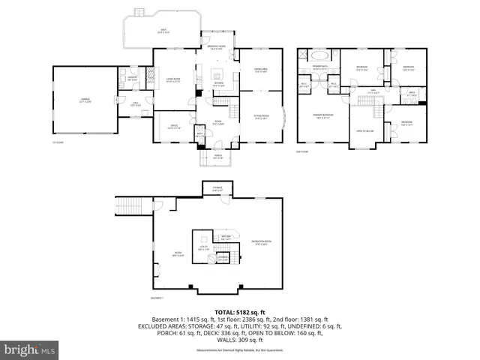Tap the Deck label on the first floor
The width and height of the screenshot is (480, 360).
pos(161,31)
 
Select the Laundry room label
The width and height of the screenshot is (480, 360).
pos(130,77)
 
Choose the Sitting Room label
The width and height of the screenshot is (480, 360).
pos(262,116)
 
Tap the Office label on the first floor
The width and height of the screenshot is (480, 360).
pos(172,127)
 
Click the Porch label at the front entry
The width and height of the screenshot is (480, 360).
pos(217,157)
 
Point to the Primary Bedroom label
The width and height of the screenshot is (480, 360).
pos(322,115)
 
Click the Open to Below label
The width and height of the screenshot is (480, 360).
pos(365,130)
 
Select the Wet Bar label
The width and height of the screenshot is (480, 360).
pos(225,238)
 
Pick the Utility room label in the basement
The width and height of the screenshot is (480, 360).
pos(203,247)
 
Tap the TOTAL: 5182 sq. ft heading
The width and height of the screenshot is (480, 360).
pos(240,312)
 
